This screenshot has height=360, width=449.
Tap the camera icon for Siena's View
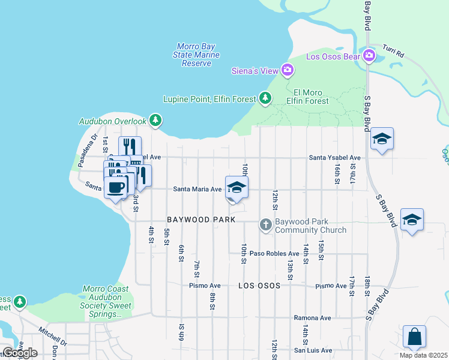pyautogui.click(x=288, y=71)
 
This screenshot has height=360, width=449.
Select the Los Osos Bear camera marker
pyautogui.click(x=369, y=57)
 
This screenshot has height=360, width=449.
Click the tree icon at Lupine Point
pyautogui.click(x=265, y=98)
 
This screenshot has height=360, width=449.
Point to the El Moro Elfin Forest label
pyautogui.click(x=311, y=97)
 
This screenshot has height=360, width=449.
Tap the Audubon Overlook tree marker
pyautogui.click(x=155, y=121)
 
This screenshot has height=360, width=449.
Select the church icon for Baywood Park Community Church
pyautogui.click(x=266, y=225)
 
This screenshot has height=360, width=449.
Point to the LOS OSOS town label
pyautogui.click(x=259, y=286)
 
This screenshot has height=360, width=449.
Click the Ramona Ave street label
pyautogui.click(x=312, y=318)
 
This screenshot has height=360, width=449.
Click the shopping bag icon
pyautogui.click(x=414, y=337)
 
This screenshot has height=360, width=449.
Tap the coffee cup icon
pyautogui.click(x=116, y=186)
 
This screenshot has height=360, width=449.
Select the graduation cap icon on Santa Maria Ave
pyautogui.click(x=237, y=188)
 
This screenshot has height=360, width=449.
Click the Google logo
pyautogui.click(x=19, y=352)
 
